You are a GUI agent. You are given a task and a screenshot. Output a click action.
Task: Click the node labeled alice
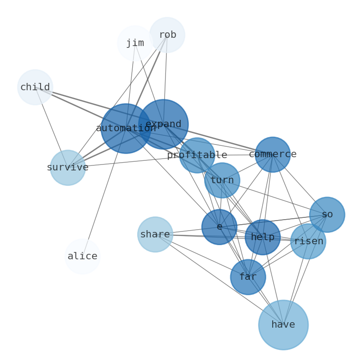(82, 257)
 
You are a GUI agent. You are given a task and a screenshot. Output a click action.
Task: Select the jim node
(135, 43)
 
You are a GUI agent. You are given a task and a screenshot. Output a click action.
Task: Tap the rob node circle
(167, 35)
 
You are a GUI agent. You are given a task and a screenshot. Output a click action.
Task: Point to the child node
(35, 87)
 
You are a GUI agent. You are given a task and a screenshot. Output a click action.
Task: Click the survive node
(67, 168)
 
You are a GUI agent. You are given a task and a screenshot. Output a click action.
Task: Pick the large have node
(283, 325)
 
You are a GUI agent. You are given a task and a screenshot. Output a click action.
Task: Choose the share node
(155, 235)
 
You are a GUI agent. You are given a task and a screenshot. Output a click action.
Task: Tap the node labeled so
(327, 215)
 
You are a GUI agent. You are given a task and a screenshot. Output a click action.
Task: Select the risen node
(308, 242)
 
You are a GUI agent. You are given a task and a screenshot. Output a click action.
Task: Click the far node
(248, 277)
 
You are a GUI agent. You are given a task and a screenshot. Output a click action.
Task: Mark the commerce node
(273, 154)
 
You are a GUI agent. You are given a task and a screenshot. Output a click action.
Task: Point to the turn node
(222, 180)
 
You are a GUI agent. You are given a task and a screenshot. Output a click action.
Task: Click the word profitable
(197, 155)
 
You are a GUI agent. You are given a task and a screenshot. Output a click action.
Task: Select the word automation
(126, 129)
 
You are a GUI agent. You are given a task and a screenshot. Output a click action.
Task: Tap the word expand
(163, 124)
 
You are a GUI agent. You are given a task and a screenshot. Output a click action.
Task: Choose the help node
(263, 237)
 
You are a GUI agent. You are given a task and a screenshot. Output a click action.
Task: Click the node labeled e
(219, 227)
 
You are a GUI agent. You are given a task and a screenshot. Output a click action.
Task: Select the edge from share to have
(219, 280)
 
